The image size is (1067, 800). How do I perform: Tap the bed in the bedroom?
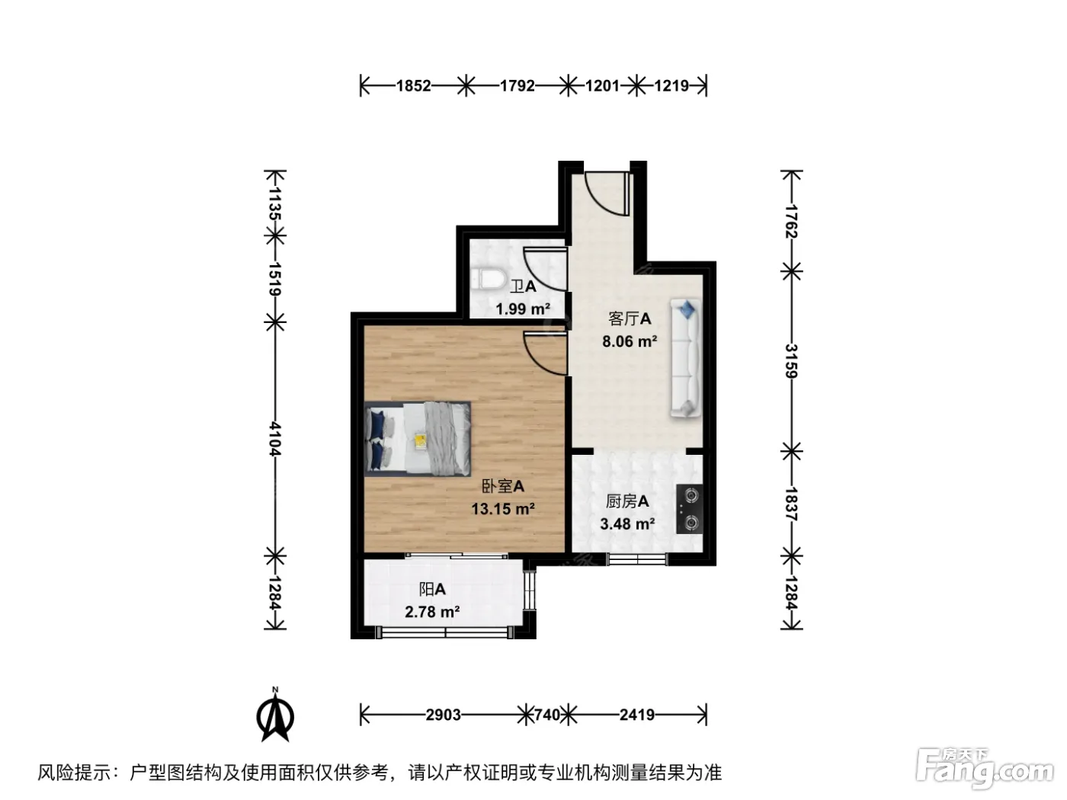[x=418, y=439]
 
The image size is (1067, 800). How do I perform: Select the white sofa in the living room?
[x=685, y=358]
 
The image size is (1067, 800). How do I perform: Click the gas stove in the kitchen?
[x=689, y=508]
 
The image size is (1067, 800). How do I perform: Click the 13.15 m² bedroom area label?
[x=503, y=509]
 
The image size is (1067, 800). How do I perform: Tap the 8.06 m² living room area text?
[x=630, y=341]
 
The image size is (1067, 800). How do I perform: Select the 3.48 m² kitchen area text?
[x=627, y=523]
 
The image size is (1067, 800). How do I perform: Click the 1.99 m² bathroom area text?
[x=523, y=309]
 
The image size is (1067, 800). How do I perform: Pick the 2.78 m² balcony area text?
[x=432, y=612]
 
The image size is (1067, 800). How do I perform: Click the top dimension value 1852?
[x=414, y=86]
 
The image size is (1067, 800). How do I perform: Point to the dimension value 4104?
[x=275, y=439]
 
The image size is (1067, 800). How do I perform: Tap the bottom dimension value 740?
[x=547, y=715]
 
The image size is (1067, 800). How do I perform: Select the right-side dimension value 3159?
[x=791, y=361]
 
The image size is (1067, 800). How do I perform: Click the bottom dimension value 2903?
[x=444, y=715]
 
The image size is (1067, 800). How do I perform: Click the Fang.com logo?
[x=985, y=770]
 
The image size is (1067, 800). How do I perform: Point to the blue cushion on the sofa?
[x=687, y=309]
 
